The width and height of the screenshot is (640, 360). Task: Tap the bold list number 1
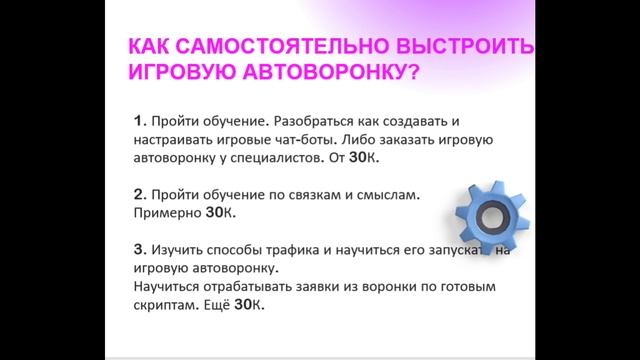coord(138,121)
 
